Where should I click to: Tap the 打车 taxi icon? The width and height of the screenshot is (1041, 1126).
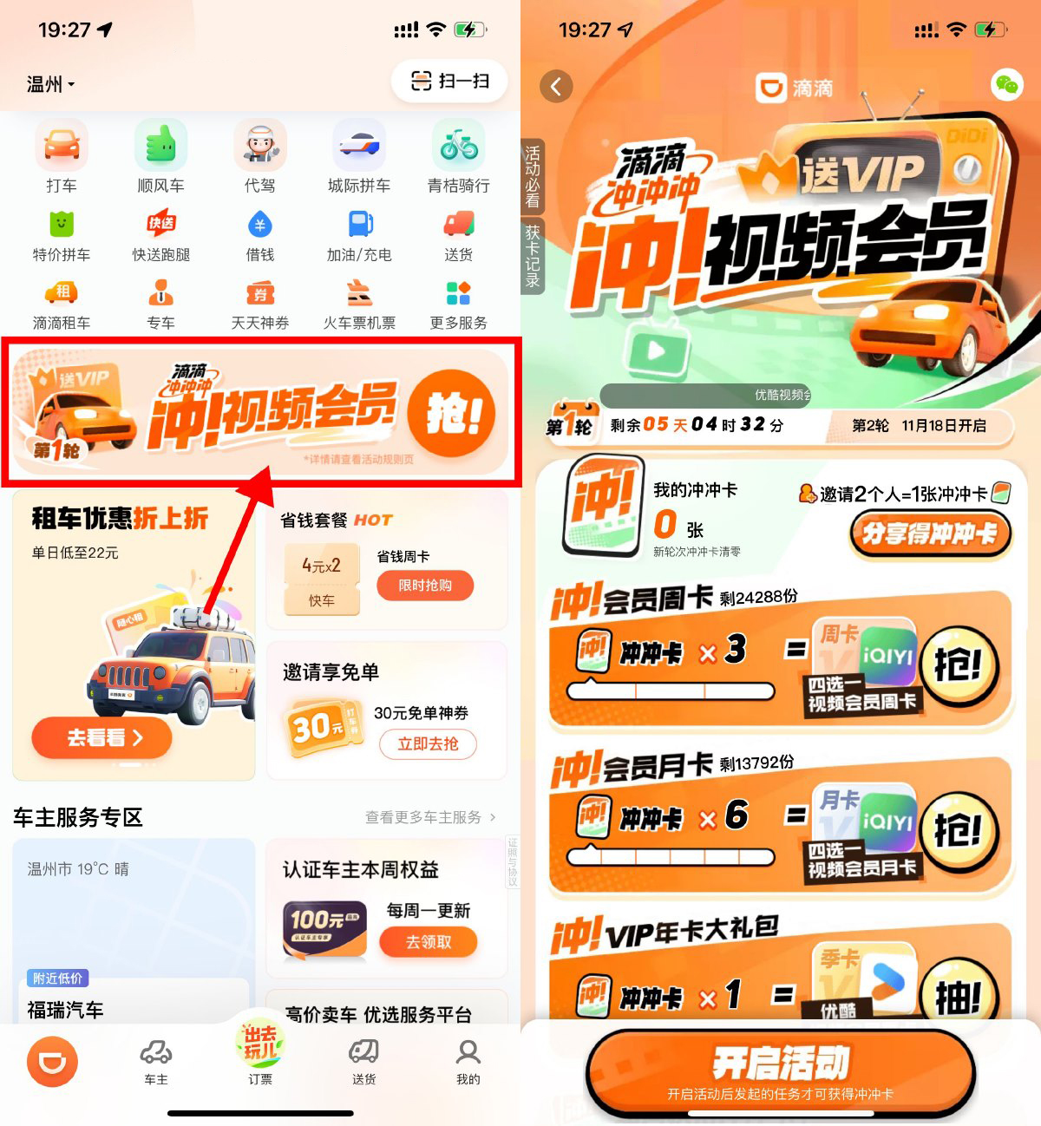click(62, 146)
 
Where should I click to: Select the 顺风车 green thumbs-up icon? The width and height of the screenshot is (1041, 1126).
click(160, 146)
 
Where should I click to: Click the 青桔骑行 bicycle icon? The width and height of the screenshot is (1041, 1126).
click(458, 146)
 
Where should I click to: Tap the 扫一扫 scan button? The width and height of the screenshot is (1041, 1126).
click(449, 82)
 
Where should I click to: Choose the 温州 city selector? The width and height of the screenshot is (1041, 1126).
click(50, 84)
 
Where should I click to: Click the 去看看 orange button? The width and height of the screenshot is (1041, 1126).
click(101, 738)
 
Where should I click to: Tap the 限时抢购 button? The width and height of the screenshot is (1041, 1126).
click(425, 586)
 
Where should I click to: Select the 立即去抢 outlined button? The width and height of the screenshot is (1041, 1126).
click(428, 743)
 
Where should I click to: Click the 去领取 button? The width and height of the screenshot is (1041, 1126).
click(429, 942)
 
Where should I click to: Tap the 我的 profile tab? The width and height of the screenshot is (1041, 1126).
click(468, 1060)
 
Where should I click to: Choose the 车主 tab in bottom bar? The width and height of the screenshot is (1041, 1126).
click(156, 1060)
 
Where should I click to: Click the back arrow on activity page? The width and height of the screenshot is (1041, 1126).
click(556, 86)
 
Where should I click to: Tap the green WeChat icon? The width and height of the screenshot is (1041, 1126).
click(1006, 85)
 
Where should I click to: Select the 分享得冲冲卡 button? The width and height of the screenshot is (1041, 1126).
click(929, 533)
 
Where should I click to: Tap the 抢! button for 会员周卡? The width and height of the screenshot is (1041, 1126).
click(958, 666)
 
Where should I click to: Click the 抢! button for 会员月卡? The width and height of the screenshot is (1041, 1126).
click(958, 831)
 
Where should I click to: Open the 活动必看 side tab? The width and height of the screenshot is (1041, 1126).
click(532, 176)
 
